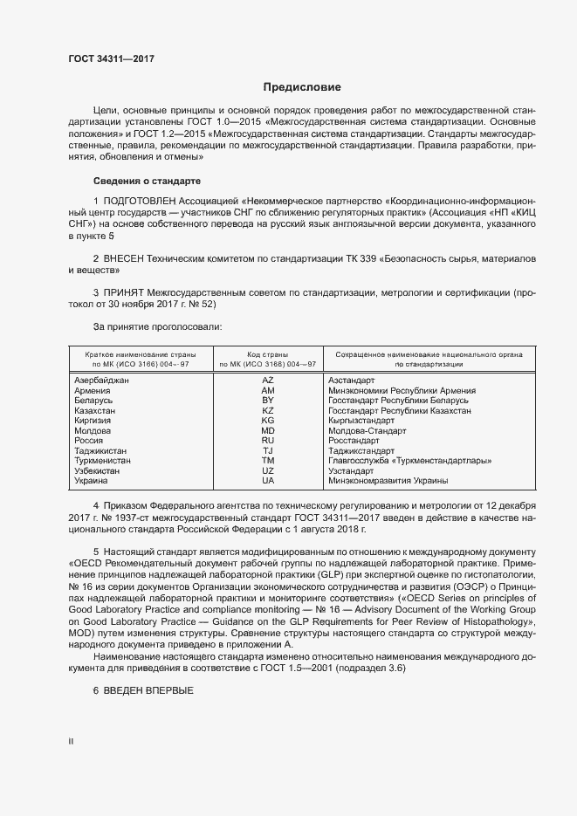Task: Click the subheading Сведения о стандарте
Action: [x=147, y=181]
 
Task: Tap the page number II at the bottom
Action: [x=71, y=742]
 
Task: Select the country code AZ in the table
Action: [x=268, y=381]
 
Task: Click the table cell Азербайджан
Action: [x=102, y=381]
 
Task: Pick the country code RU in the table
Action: [x=268, y=441]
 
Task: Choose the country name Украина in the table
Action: [x=92, y=481]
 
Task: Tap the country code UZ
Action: [x=268, y=470]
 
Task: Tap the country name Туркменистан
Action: [x=103, y=461]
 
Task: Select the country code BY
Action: [x=268, y=401]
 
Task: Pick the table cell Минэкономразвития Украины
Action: [x=388, y=481]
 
